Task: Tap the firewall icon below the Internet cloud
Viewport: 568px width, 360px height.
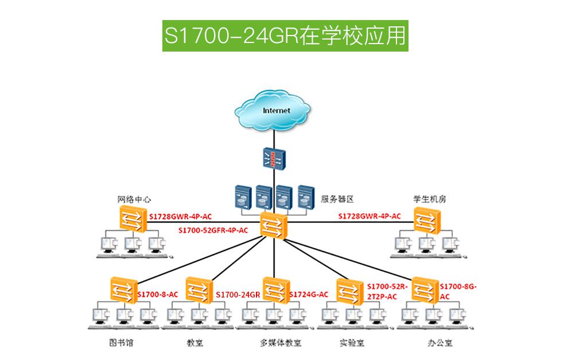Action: coord(274,159)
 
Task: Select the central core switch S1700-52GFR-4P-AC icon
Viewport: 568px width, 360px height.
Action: coord(273,225)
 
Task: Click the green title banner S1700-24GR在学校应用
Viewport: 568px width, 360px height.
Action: coord(285,36)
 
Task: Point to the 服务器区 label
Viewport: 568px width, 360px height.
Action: coord(337,199)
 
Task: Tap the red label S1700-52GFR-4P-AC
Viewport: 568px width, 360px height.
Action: coord(213,230)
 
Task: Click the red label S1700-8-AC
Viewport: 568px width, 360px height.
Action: coord(158,295)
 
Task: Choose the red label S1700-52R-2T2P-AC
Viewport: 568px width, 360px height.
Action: coord(387,291)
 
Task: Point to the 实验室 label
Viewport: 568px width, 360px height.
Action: coord(352,343)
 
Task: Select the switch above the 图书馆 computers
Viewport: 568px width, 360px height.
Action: coord(122,289)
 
